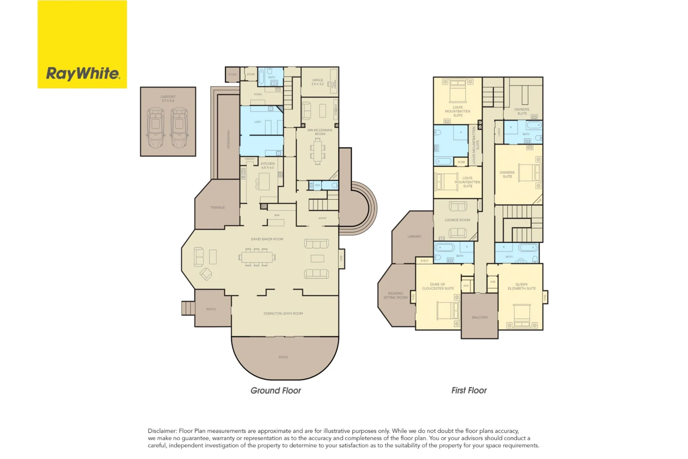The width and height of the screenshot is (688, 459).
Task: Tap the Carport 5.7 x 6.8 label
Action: (168, 99)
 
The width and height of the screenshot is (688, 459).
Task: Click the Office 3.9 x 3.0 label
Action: (317, 82)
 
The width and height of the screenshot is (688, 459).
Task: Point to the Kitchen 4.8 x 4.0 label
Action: (268, 165)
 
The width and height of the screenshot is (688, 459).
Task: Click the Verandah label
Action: (229, 139)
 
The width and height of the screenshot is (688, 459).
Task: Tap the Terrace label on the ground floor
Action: (217, 207)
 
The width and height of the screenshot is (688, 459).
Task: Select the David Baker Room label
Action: (267, 239)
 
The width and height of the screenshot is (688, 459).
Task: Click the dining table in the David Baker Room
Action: (257, 257)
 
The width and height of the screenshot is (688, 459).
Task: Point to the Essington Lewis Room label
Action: (283, 314)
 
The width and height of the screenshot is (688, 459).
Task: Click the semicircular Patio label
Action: (283, 357)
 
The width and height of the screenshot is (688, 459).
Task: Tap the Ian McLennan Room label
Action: (320, 132)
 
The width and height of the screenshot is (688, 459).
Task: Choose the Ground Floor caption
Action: (275, 390)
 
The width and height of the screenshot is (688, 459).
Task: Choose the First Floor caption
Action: (469, 390)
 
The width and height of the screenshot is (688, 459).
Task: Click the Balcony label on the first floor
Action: (480, 317)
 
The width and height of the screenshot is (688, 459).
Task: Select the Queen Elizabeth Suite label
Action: (521, 286)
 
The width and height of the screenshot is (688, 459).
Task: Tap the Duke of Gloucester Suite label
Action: (438, 286)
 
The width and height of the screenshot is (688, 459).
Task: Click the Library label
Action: (414, 236)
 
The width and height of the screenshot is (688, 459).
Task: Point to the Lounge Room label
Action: (457, 220)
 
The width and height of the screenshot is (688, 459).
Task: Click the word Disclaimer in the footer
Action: (162, 431)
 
